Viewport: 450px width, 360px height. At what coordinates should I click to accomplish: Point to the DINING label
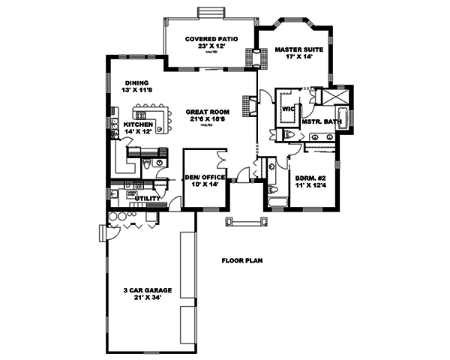(136, 82)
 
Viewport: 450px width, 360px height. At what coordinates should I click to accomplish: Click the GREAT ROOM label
(208, 112)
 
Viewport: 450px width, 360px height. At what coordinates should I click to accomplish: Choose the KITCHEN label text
(139, 124)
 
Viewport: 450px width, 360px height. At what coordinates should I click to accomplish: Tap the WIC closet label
(287, 108)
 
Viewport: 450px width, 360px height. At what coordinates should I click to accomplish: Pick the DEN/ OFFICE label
(201, 177)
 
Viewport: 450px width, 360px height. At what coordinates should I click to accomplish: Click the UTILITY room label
(146, 199)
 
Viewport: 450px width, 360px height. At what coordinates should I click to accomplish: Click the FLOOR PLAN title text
(242, 261)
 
